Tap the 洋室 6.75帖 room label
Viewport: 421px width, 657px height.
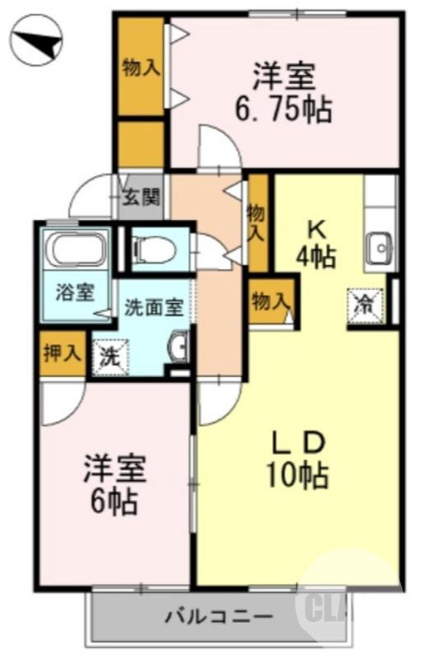coord(293,93)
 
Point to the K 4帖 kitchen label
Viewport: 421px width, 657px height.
coord(316,243)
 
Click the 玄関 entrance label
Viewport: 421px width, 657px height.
coord(141,197)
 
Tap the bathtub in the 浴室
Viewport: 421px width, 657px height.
coord(75,249)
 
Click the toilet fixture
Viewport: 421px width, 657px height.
coord(155,249)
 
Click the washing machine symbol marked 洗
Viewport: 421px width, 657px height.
coord(108,357)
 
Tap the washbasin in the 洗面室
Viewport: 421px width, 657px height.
coord(179,348)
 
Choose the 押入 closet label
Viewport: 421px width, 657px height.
coord(62,353)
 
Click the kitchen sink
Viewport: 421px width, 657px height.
coord(379,246)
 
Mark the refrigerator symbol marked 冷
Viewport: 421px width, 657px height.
coord(363,306)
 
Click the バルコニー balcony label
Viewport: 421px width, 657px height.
coord(218,616)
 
